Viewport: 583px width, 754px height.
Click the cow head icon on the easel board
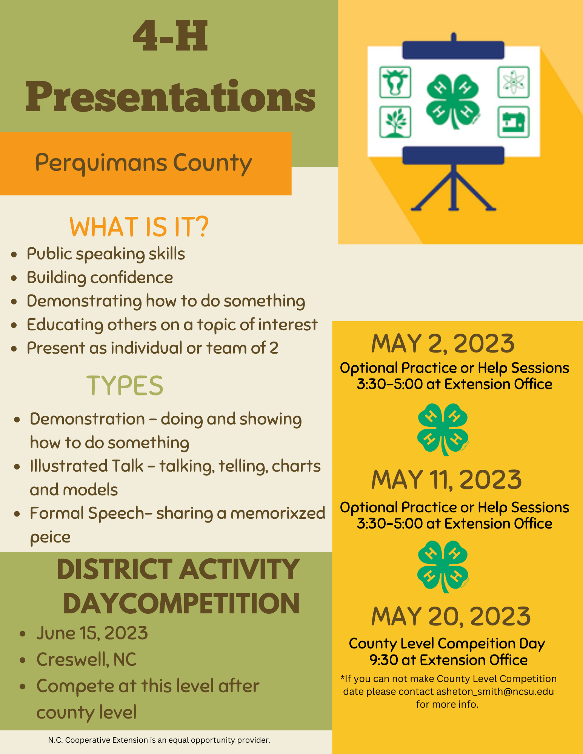[x=395, y=82]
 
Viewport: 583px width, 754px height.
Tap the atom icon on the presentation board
[x=513, y=82]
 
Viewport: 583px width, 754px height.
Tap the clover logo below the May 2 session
[x=443, y=429]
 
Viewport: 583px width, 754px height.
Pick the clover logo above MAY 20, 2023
[x=443, y=566]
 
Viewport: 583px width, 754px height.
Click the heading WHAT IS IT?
[x=139, y=227]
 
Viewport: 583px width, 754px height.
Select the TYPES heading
[x=125, y=386]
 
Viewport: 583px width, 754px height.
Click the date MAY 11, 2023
[x=446, y=480]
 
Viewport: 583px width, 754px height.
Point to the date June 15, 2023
[x=92, y=633]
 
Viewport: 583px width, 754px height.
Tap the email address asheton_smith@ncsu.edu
[x=495, y=691]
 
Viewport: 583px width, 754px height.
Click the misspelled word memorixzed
[x=278, y=513]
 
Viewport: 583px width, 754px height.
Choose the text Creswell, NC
[x=86, y=659]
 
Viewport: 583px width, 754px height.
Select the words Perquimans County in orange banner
[x=143, y=163]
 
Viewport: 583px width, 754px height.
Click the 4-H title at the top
[x=171, y=36]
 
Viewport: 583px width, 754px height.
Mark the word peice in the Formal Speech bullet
[x=50, y=537]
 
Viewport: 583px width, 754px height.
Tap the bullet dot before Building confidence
[x=14, y=278]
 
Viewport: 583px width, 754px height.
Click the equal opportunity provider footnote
[x=159, y=740]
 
